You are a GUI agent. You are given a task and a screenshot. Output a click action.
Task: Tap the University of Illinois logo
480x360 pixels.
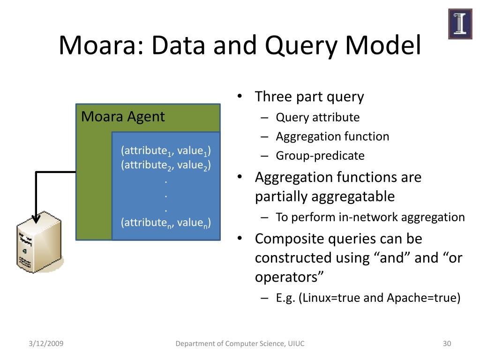click(x=460, y=24)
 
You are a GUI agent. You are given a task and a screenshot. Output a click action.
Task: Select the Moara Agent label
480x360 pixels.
click(x=123, y=116)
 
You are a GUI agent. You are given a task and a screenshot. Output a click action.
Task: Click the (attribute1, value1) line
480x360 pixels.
click(x=165, y=151)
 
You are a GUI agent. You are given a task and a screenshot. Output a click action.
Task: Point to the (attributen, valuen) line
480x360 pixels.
click(x=165, y=222)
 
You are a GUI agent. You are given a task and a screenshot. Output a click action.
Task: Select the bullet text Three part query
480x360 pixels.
click(x=309, y=97)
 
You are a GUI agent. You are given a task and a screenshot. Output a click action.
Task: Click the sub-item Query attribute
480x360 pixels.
click(x=317, y=117)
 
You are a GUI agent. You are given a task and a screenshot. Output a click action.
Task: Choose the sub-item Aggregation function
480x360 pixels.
click(x=332, y=136)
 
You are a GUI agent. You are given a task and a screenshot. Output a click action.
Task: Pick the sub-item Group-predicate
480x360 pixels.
click(x=320, y=156)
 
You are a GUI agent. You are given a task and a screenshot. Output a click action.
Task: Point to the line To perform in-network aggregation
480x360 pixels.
click(x=370, y=217)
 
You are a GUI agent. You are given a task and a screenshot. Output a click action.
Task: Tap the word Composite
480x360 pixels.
click(x=285, y=239)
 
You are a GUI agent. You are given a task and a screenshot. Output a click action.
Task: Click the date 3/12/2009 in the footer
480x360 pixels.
click(x=45, y=344)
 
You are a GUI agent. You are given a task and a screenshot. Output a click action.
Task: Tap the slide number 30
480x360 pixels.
click(x=447, y=344)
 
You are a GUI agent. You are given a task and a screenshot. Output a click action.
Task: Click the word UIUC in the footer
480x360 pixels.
click(x=296, y=344)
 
